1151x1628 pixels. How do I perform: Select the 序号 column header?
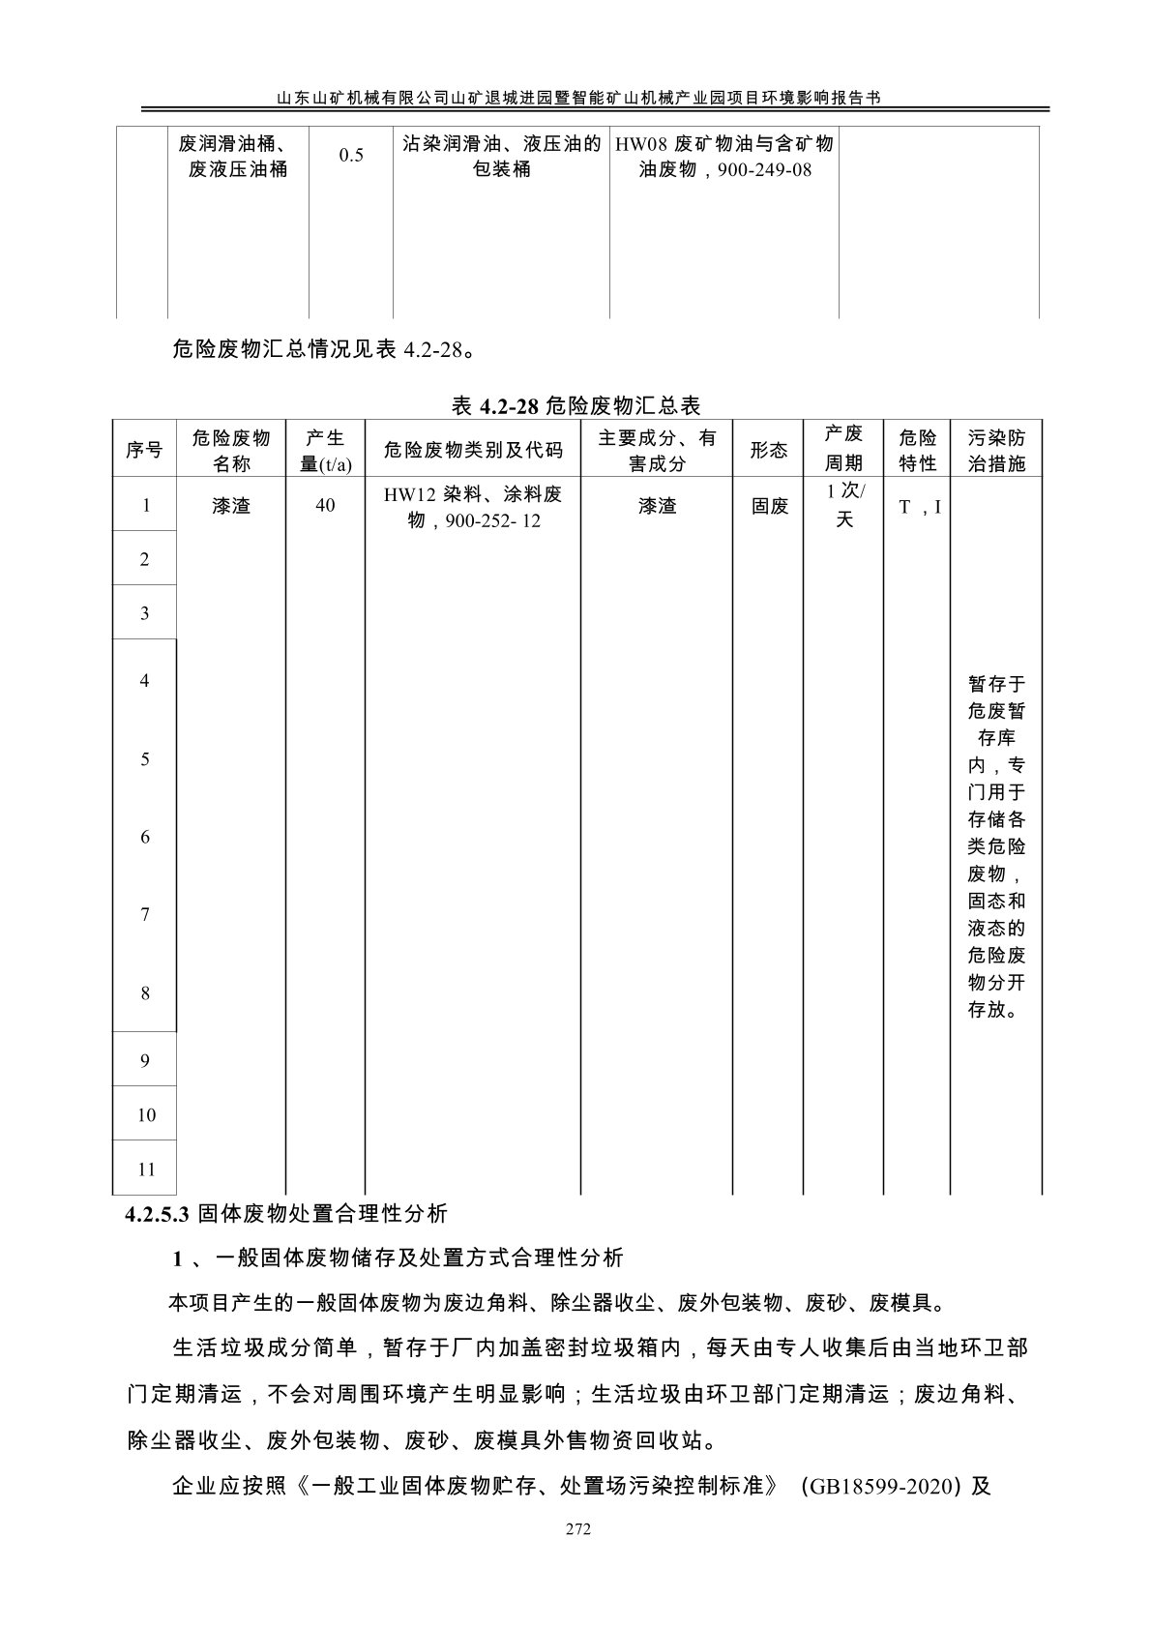(x=144, y=450)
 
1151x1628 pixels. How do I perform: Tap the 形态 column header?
(x=769, y=450)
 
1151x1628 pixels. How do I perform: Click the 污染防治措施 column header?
(x=996, y=450)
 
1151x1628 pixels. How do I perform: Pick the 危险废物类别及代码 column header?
(x=472, y=450)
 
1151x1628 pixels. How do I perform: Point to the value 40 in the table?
(x=325, y=505)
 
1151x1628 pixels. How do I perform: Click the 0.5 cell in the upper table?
(x=351, y=156)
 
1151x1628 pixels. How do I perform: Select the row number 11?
(x=145, y=1169)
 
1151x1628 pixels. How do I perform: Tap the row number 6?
(x=145, y=837)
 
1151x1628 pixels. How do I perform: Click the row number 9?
(x=145, y=1061)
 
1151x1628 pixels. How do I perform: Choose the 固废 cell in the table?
(x=770, y=505)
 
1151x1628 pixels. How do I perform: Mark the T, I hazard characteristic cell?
(x=919, y=506)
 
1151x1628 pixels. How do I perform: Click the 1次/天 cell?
(x=844, y=505)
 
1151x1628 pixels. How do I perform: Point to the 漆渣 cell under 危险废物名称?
(x=231, y=505)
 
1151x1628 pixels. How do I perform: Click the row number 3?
(x=145, y=612)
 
